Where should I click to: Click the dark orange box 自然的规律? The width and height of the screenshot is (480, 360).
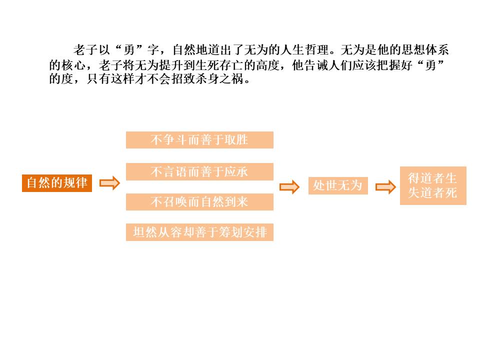57,183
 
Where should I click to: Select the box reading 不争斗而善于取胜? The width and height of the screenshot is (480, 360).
199,140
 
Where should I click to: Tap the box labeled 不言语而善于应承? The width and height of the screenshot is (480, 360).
199,171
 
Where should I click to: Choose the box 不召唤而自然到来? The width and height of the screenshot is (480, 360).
199,202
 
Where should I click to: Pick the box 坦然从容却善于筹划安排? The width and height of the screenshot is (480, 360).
199,232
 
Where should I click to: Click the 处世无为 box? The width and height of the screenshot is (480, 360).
337,186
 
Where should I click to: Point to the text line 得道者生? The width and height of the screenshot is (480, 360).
432,178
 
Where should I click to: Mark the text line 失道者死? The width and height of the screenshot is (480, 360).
432,193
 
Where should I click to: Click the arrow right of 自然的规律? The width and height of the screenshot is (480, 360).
110,183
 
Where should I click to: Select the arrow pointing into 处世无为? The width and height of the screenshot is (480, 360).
289,187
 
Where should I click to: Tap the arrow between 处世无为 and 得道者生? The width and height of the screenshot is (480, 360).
385,187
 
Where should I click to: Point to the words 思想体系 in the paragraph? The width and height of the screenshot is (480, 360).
425,50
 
